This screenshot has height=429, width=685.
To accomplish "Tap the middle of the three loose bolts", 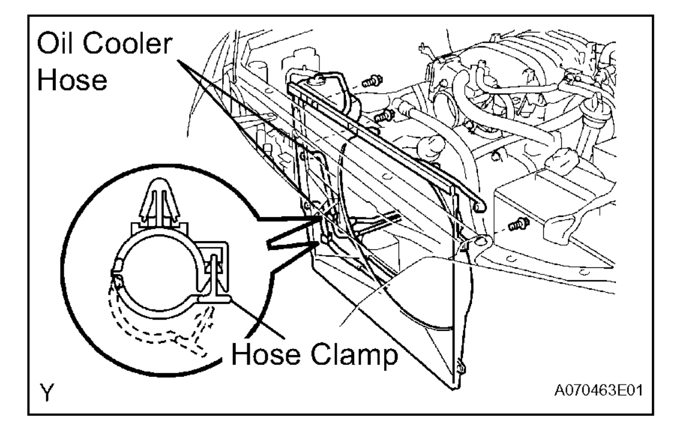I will [x=382, y=118].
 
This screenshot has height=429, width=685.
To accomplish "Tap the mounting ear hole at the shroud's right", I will [x=480, y=243].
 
